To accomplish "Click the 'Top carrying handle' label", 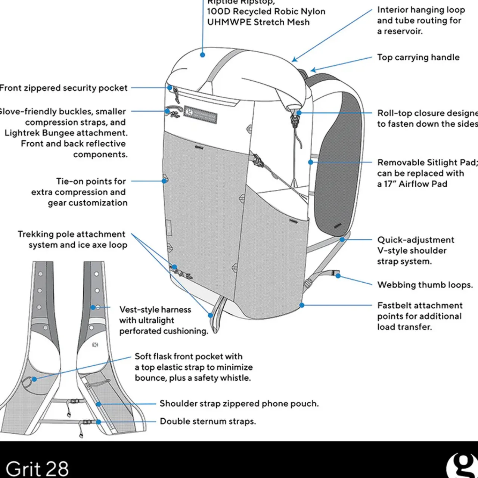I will point(418,57).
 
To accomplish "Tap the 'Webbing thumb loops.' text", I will point(425,285).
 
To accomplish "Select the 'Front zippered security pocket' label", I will point(63,88).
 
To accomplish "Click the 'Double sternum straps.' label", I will point(208,421).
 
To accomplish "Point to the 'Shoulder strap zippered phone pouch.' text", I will point(239,404).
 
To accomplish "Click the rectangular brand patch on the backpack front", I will point(201,113).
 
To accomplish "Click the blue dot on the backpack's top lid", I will point(202,55).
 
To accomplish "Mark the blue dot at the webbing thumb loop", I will point(338,276).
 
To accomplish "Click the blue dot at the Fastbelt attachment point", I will point(302,305).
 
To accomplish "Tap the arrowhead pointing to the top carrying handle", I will point(313,70).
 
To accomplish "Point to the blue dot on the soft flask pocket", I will point(34,379).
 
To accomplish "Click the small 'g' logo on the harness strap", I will point(95,345).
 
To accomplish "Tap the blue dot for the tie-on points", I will point(164,181).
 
